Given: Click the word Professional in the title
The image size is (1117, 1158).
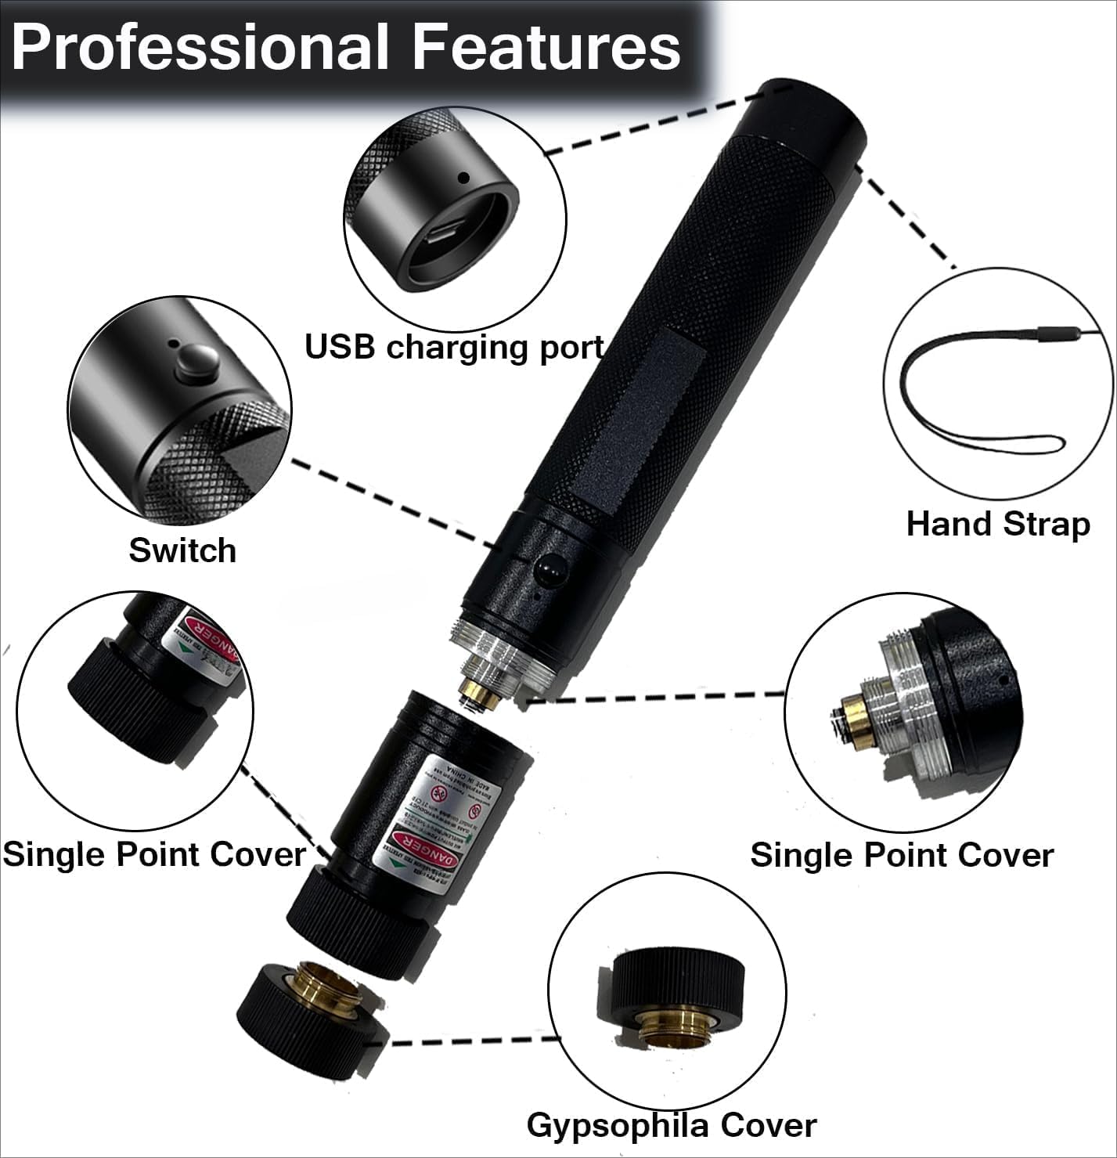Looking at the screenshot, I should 200,47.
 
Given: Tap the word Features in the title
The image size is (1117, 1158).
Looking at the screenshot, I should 546,47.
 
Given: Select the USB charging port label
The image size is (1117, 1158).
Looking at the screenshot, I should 454,347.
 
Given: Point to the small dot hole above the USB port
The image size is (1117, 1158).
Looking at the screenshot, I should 463,179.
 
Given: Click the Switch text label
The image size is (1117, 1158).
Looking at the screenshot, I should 182,550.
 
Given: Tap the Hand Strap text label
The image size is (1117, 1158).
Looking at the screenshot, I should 997,524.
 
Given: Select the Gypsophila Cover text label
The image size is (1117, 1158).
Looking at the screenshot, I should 672,1125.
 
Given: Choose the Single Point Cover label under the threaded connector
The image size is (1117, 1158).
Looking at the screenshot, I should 902,855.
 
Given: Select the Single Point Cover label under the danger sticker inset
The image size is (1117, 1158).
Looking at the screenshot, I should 153,853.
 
